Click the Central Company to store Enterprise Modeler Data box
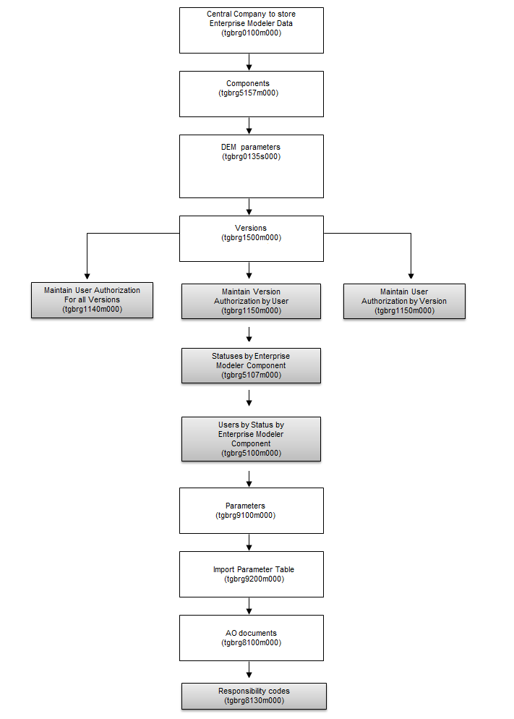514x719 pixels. point(251,30)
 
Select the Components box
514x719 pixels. point(251,93)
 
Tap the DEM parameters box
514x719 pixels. point(251,166)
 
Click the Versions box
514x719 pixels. point(251,237)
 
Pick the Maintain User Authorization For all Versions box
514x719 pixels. point(92,299)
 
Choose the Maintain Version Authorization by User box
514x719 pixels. point(251,301)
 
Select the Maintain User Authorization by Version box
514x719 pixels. point(404,301)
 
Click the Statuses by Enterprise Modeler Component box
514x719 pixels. point(251,366)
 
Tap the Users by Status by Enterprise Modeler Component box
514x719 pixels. point(251,439)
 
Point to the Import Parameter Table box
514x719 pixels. point(251,574)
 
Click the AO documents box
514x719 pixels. point(251,637)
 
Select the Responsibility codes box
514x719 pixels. point(253,696)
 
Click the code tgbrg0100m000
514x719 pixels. point(251,33)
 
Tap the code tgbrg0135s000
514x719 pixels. point(251,156)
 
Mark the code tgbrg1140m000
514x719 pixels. point(92,309)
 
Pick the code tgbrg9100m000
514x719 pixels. point(245,515)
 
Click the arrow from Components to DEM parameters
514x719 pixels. point(249,126)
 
